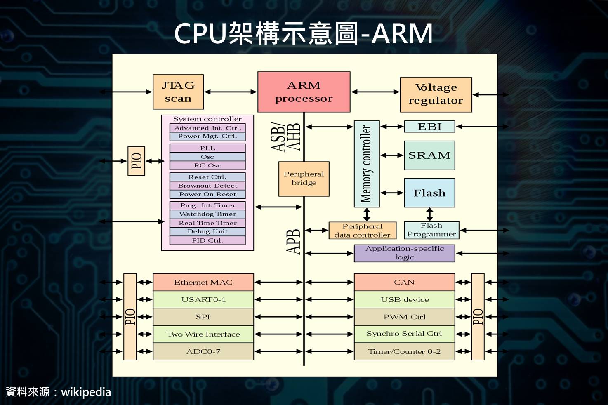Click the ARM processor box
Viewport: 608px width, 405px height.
[x=304, y=92]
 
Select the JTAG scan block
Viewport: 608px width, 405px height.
[x=178, y=92]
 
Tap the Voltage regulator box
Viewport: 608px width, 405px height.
[x=436, y=94]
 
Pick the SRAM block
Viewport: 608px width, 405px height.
[x=429, y=155]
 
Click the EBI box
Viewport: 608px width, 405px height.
[x=429, y=127]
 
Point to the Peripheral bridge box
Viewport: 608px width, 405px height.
[x=304, y=179]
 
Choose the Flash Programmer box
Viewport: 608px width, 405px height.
[x=431, y=230]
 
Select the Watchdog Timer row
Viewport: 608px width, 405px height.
[x=207, y=214]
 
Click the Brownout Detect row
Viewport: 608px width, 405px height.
[x=207, y=186]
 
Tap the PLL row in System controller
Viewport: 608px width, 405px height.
[x=207, y=148]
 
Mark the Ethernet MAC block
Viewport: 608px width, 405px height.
[x=203, y=283]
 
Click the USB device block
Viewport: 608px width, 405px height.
[x=404, y=299]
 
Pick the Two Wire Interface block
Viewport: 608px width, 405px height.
[x=203, y=334]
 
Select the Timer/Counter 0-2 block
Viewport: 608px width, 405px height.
[x=404, y=351]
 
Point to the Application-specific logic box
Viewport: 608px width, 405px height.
[x=404, y=253]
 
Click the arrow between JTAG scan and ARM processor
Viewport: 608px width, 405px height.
[x=231, y=92]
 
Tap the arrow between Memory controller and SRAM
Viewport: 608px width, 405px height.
[x=392, y=155]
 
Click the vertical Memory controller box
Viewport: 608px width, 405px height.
[x=367, y=164]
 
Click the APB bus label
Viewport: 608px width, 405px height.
[x=293, y=242]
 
